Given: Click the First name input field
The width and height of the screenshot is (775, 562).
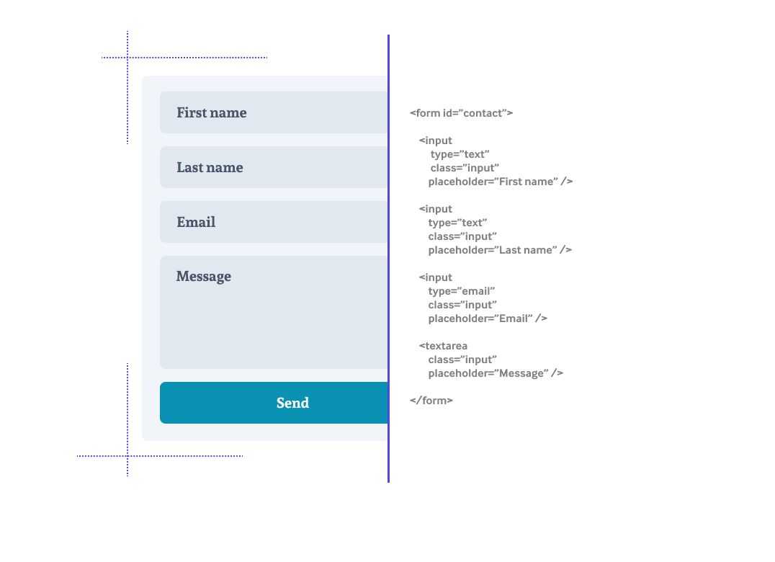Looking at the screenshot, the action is pyautogui.click(x=274, y=112).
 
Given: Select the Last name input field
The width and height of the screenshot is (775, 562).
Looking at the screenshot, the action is pyautogui.click(x=274, y=167).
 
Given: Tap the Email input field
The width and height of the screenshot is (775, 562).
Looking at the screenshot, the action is pyautogui.click(x=274, y=222).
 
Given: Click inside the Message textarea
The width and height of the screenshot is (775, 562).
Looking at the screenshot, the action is pyautogui.click(x=274, y=313).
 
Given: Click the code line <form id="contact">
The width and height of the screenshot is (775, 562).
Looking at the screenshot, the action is pyautogui.click(x=461, y=113).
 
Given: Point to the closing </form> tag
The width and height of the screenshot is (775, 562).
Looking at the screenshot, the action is pyautogui.click(x=431, y=401).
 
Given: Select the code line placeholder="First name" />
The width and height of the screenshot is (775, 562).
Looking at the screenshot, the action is pyautogui.click(x=500, y=182).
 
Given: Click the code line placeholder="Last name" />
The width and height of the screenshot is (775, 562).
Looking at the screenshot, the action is pyautogui.click(x=500, y=250).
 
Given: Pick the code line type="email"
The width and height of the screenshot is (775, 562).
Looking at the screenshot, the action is pyautogui.click(x=461, y=291).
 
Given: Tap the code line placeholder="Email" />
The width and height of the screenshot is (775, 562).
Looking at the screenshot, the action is pyautogui.click(x=488, y=318).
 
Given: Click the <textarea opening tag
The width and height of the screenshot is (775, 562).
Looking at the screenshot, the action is pyautogui.click(x=443, y=346).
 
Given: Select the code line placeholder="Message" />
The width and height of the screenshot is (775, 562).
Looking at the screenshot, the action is pyautogui.click(x=496, y=373).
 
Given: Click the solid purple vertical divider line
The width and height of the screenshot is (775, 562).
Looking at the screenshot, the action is pyautogui.click(x=388, y=259).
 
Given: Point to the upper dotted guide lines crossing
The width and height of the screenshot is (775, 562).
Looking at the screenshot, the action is pyautogui.click(x=127, y=58).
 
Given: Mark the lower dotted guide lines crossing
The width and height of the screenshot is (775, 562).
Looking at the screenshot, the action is pyautogui.click(x=127, y=456).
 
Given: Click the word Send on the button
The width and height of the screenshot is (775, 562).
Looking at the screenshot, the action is pyautogui.click(x=292, y=403).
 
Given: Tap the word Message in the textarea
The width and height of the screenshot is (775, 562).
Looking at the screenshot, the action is pyautogui.click(x=204, y=276).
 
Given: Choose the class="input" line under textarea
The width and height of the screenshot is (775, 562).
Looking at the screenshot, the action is pyautogui.click(x=462, y=360).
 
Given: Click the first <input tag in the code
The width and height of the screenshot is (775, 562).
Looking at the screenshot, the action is pyautogui.click(x=435, y=140).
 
